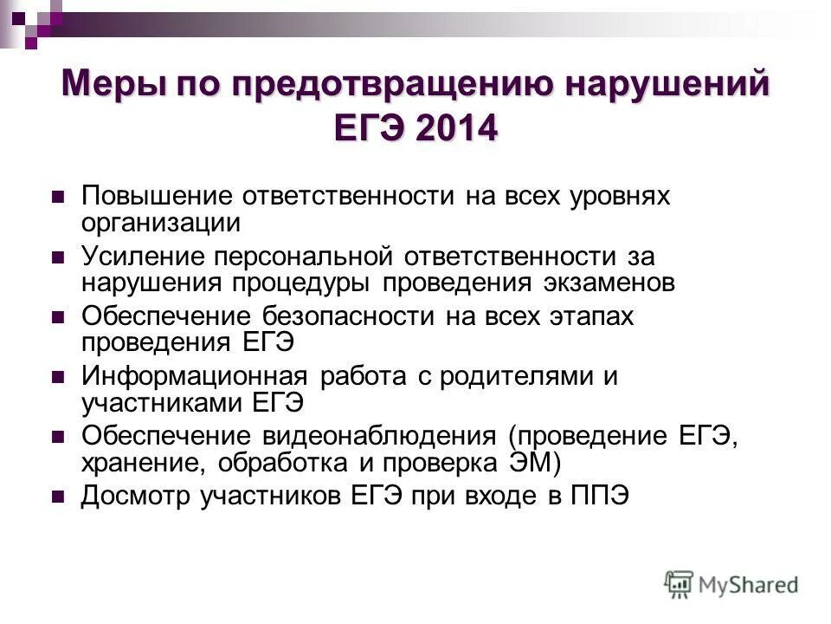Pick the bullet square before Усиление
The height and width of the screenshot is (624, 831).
[x=58, y=257]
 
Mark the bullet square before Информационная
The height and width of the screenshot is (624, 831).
[x=58, y=379]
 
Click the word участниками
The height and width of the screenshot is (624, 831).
[x=163, y=404]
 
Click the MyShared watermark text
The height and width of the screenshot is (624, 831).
[x=749, y=585]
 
